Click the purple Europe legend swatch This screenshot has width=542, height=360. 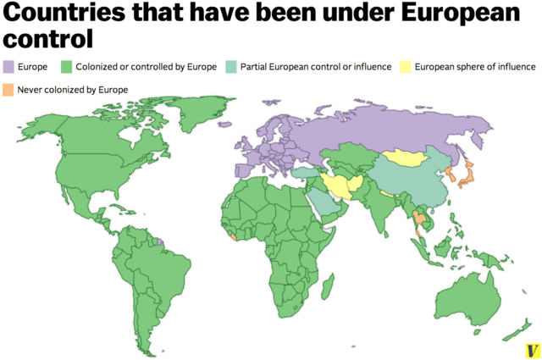[x=11, y=66]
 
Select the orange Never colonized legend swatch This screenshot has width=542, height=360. [x=11, y=89]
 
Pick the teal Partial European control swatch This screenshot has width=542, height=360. [x=233, y=66]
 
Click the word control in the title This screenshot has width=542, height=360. [x=47, y=39]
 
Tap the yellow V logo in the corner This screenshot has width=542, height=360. [x=531, y=350]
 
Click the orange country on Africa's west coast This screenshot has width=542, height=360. [x=232, y=237]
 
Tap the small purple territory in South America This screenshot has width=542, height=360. [x=160, y=241]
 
